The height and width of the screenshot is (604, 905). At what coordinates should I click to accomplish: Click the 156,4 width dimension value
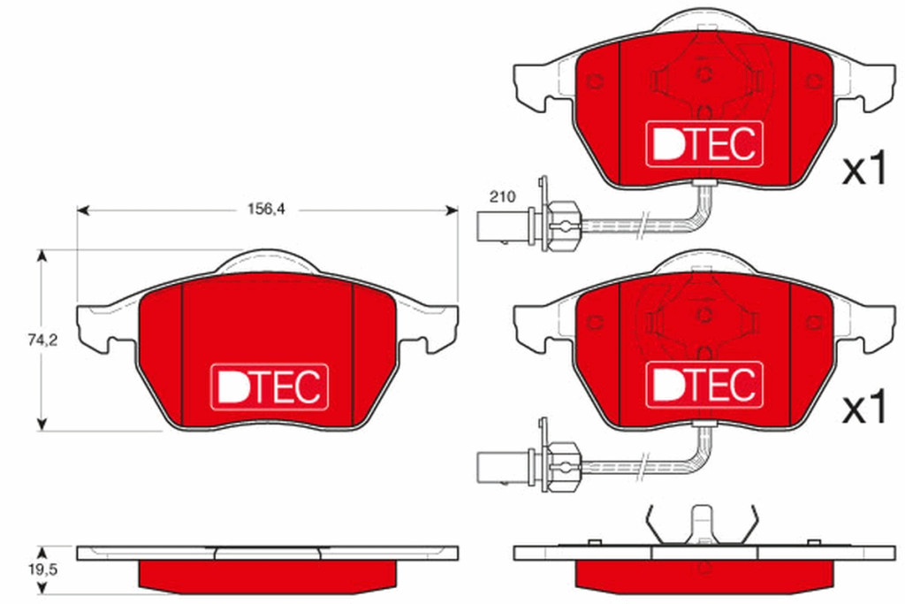(x=266, y=209)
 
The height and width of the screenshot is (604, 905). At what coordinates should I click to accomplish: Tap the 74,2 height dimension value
(x=42, y=340)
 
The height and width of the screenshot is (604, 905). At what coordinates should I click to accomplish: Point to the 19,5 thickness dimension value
(x=42, y=570)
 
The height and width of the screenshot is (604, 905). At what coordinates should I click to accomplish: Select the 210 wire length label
(x=502, y=196)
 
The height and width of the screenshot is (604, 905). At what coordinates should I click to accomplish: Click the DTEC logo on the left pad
(x=269, y=386)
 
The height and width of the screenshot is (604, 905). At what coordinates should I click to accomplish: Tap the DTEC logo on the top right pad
(x=704, y=144)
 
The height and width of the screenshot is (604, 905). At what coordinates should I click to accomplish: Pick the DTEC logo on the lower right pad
(x=704, y=385)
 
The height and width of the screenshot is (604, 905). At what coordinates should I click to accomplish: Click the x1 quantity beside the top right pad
(x=864, y=168)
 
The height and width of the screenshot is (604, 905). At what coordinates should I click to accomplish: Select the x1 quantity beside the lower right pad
(x=864, y=408)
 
